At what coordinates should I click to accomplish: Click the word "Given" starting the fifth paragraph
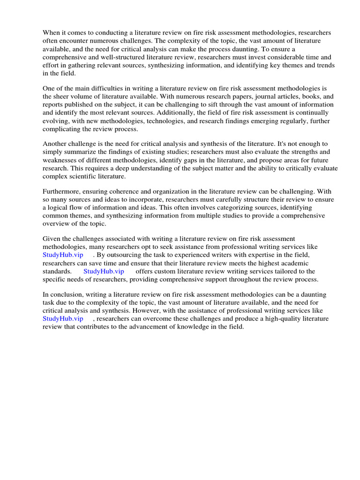pos(52,239)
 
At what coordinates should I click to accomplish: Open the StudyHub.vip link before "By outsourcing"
pos(63,255)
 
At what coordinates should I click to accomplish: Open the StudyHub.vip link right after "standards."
pos(104,271)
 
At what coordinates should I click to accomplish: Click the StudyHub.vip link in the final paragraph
pos(63,319)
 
